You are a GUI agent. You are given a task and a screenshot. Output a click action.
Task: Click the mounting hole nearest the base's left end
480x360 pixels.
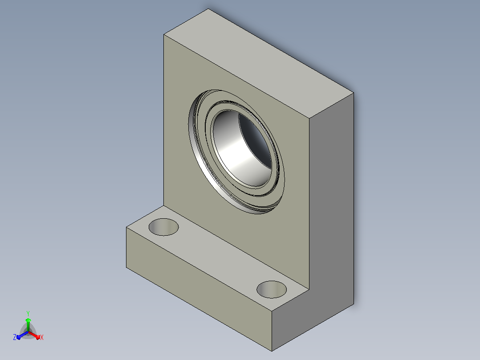pyautogui.click(x=163, y=227)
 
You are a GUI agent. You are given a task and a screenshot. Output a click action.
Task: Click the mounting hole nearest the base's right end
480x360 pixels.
pyautogui.click(x=272, y=290)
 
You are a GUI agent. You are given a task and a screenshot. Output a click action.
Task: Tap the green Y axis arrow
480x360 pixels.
pyautogui.click(x=28, y=324)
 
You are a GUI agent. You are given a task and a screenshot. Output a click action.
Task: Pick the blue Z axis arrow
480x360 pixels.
pyautogui.click(x=22, y=335)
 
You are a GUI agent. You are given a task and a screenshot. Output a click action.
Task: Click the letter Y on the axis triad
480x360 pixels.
pyautogui.click(x=28, y=313)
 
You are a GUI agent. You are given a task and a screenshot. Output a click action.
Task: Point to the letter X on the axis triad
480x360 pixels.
pyautogui.click(x=42, y=337)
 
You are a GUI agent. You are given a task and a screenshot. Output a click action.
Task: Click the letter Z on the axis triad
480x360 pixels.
pyautogui.click(x=15, y=337)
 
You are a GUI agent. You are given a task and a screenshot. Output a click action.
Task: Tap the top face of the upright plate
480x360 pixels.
pyautogui.click(x=259, y=63)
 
